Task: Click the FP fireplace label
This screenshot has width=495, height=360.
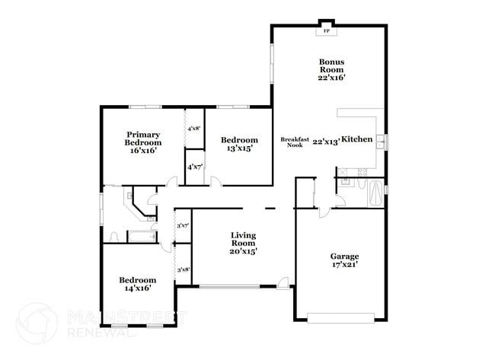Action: coord(327,31)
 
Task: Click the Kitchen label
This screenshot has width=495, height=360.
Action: coord(356,139)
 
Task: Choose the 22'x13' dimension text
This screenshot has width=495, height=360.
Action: coord(325,141)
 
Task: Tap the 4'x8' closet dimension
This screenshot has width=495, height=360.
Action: coord(193,129)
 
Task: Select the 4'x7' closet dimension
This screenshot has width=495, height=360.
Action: coord(193,167)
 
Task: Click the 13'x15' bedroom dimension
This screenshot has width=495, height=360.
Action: coord(239,149)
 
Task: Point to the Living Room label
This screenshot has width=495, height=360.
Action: coord(244,240)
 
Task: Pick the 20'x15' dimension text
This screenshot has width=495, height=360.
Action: coord(244,251)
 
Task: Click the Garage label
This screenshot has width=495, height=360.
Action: coord(344,256)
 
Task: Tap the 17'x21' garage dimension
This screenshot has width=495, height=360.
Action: coord(344,266)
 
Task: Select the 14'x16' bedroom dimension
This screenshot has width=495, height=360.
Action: coord(138,289)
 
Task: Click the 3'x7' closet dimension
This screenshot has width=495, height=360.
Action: coord(183,226)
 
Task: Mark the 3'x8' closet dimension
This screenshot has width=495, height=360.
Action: coord(183,269)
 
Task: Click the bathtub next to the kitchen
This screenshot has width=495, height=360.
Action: coord(376,193)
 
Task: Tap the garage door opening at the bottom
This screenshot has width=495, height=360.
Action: coord(340,316)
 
